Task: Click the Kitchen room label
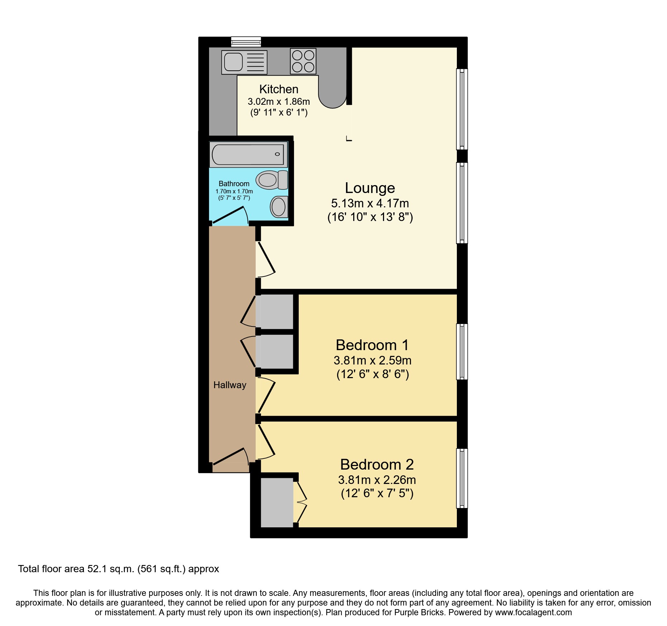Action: pos(279,89)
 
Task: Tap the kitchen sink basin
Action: pos(233,62)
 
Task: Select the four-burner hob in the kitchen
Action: pos(303,61)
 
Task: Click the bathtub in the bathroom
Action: pos(248,155)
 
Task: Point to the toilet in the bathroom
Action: pos(272,180)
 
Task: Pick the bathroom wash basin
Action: pos(279,207)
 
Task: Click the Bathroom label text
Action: pos(234,184)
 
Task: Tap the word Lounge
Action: pos(370,188)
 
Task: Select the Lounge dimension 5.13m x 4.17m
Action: pos(370,203)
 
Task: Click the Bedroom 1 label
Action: pos(372,345)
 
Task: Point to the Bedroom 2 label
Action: pos(377,465)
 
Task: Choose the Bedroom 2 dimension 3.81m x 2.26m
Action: pos(377,480)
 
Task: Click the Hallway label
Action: pos(230,385)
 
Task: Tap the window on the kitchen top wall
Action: pos(246,42)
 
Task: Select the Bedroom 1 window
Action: pos(462,352)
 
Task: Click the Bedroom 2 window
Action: pos(462,478)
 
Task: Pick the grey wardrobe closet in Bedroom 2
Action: pos(276,502)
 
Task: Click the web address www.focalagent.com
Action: pos(533,612)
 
